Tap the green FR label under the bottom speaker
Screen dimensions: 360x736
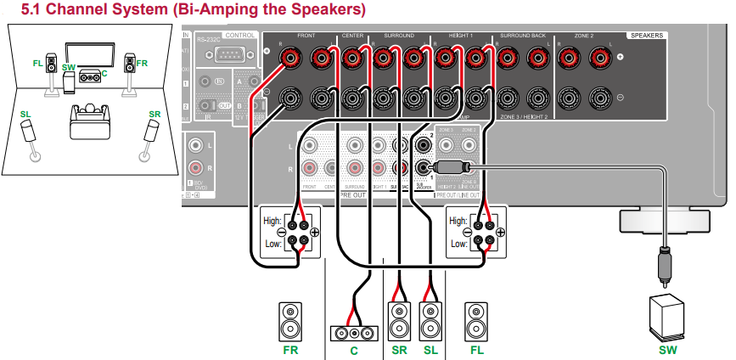(x=291, y=348)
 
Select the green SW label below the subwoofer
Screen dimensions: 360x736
(x=663, y=348)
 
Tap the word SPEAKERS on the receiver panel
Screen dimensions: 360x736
(x=647, y=36)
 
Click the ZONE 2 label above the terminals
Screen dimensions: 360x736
(x=584, y=37)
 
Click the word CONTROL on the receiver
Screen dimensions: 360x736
(x=241, y=37)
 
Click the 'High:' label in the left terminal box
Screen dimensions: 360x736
(x=272, y=221)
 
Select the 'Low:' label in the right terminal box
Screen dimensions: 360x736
(x=459, y=243)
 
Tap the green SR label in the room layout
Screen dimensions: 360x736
(x=155, y=113)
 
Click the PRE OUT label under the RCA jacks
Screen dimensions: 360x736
(x=352, y=194)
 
